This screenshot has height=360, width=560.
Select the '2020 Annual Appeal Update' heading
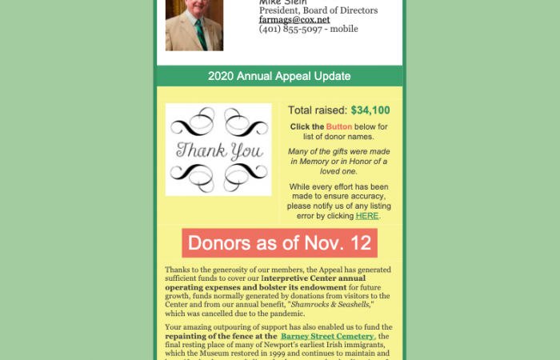[279, 76]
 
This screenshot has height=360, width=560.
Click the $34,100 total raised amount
[370, 110]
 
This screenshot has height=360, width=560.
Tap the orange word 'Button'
[339, 126]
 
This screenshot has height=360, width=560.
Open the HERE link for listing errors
[367, 215]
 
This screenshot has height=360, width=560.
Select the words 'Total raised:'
[318, 110]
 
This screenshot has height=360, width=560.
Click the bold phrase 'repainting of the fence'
[215, 337]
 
